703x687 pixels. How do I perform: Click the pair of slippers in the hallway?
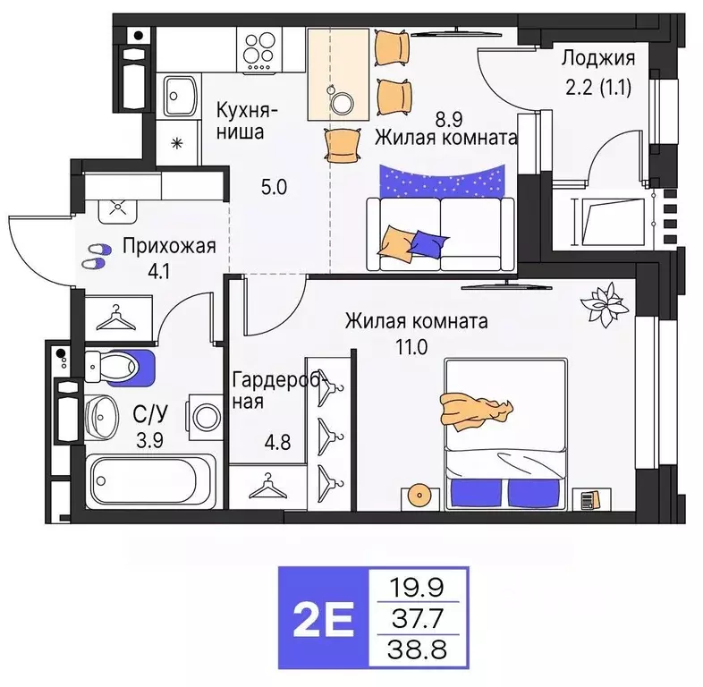[93, 258]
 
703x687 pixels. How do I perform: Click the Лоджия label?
[598, 60]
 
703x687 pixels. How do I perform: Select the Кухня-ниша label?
[247, 122]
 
